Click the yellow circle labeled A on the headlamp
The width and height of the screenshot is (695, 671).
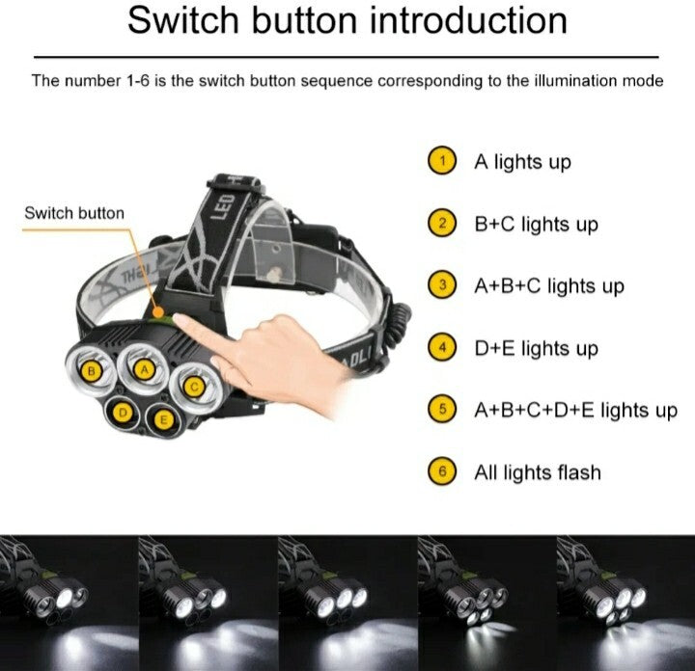click(x=144, y=370)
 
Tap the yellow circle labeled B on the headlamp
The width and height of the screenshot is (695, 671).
click(x=92, y=371)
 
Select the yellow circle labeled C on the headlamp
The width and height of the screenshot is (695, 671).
click(x=194, y=388)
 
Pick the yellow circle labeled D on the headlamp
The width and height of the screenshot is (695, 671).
click(x=123, y=413)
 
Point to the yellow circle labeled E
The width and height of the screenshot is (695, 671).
click(x=163, y=419)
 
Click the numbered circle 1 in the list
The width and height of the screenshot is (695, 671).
click(x=442, y=160)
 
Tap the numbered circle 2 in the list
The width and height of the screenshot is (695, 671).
click(x=442, y=223)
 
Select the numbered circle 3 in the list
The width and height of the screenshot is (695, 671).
click(x=442, y=284)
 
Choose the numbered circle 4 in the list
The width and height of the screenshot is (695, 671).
click(x=442, y=347)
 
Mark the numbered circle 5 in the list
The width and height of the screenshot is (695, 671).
click(x=442, y=409)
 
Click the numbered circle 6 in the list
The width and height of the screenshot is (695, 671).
click(x=442, y=471)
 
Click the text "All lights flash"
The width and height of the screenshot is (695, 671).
click(x=538, y=472)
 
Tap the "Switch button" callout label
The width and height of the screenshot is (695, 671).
click(x=74, y=213)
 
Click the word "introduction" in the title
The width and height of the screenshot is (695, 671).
click(x=468, y=20)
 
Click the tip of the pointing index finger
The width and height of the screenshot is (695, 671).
click(x=176, y=317)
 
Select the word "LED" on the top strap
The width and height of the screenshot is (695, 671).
click(x=228, y=206)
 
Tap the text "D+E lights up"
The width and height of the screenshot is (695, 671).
click(x=537, y=349)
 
